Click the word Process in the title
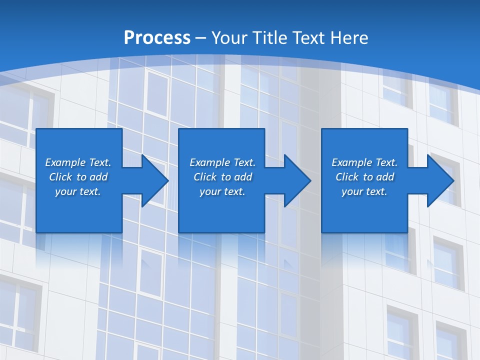pyautogui.click(x=157, y=38)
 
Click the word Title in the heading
pyautogui.click(x=270, y=38)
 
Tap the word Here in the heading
pyautogui.click(x=349, y=38)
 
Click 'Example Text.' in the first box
pyautogui.click(x=78, y=162)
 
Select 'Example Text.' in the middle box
pyautogui.click(x=222, y=162)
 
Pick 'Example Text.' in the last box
pyautogui.click(x=364, y=162)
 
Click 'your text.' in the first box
pyautogui.click(x=78, y=191)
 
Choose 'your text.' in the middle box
pyautogui.click(x=222, y=191)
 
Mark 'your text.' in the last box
pyautogui.click(x=364, y=191)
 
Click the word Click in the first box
pyautogui.click(x=60, y=177)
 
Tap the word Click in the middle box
pyautogui.click(x=205, y=177)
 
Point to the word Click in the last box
pyautogui.click(x=347, y=177)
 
